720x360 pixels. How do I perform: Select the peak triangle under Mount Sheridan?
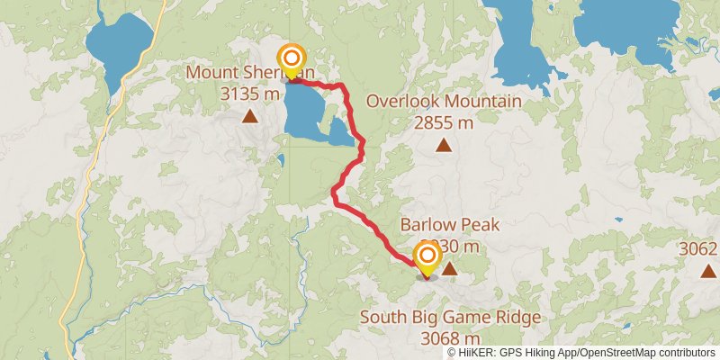pos(249,115)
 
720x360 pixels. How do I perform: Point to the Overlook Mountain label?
pos(444,102)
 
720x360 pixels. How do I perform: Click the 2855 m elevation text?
pos(444,123)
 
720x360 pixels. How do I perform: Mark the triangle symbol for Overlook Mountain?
pos(444,145)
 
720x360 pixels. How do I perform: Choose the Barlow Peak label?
pos(450,225)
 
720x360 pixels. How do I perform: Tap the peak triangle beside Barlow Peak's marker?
pos(449,268)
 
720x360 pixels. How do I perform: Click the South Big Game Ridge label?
pos(450,317)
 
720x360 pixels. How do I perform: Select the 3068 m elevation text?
pos(450,338)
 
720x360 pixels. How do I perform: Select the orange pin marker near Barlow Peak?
pos(426,259)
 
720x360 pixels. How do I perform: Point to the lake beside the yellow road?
pos(119,45)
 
